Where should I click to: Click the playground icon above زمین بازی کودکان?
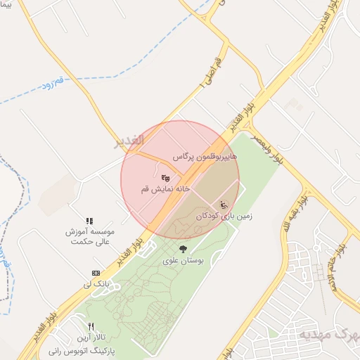(224, 205)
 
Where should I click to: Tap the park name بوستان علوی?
(183, 260)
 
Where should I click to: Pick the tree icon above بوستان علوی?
(183, 249)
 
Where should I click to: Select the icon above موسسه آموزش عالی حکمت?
(89, 221)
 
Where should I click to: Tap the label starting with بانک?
(96, 284)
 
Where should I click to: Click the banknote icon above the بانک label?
(96, 273)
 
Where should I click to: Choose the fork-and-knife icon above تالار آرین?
(91, 327)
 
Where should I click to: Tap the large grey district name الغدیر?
(129, 141)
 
